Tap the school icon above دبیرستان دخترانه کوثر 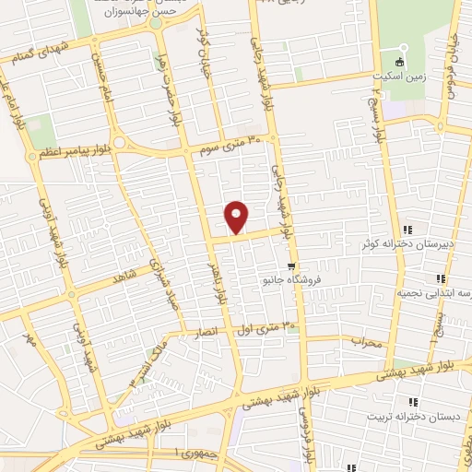point(407,230)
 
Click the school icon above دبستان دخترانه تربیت point(412,401)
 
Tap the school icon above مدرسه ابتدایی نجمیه point(441,277)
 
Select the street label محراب point(365,341)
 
